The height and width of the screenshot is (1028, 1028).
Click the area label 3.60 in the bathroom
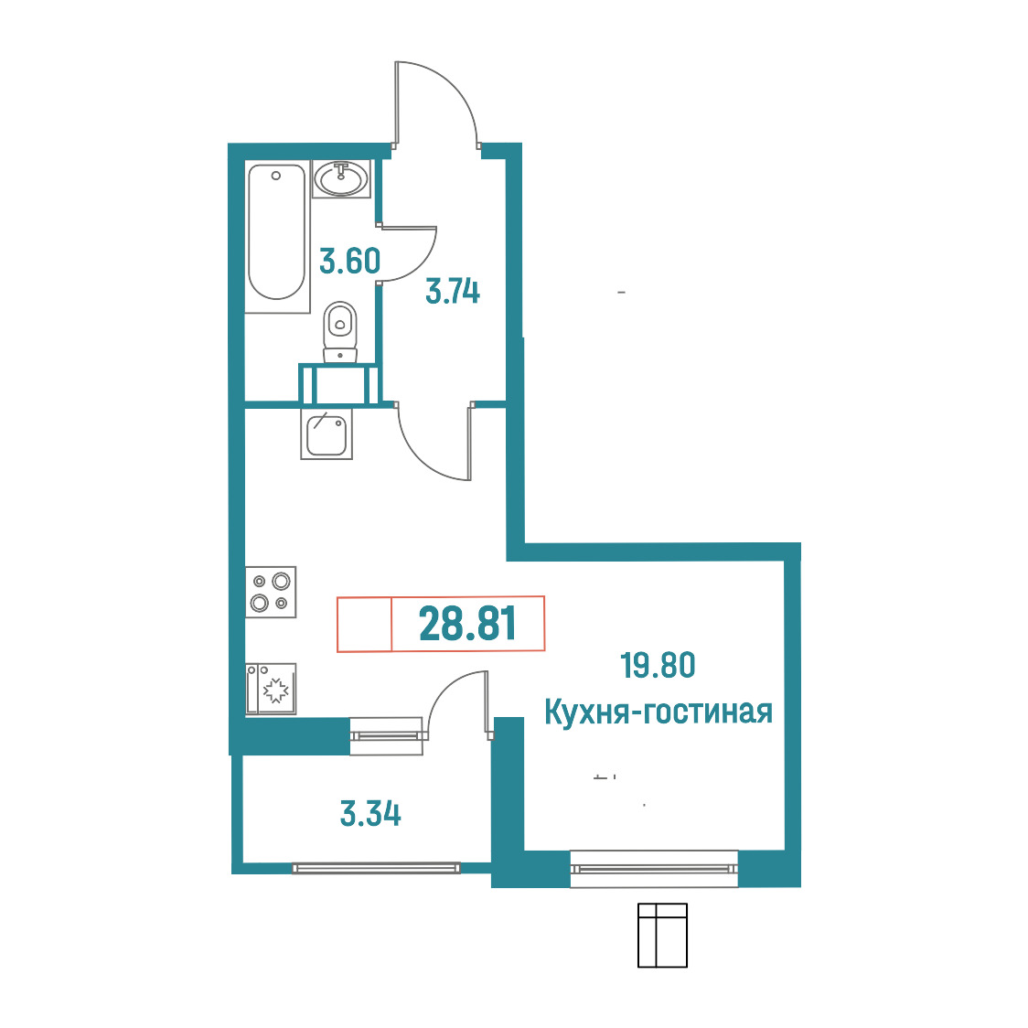[349, 261]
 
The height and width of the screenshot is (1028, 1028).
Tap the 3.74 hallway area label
[453, 291]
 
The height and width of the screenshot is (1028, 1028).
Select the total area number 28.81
[467, 624]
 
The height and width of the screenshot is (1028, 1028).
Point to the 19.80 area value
[658, 665]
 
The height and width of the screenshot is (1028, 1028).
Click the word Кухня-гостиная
[659, 712]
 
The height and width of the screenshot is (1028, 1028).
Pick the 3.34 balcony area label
[370, 814]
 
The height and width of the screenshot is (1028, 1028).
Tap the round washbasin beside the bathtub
[341, 178]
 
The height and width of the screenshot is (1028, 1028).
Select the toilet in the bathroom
[340, 332]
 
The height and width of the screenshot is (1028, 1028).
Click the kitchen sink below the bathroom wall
[327, 434]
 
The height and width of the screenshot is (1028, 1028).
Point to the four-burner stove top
[271, 592]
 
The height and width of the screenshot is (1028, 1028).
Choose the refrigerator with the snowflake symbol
[271, 689]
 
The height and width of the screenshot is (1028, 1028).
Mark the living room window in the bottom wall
[654, 869]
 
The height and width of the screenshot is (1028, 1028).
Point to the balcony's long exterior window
[376, 868]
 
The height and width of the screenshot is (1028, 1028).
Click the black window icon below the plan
[662, 935]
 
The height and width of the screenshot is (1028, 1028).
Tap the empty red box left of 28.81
[365, 624]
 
